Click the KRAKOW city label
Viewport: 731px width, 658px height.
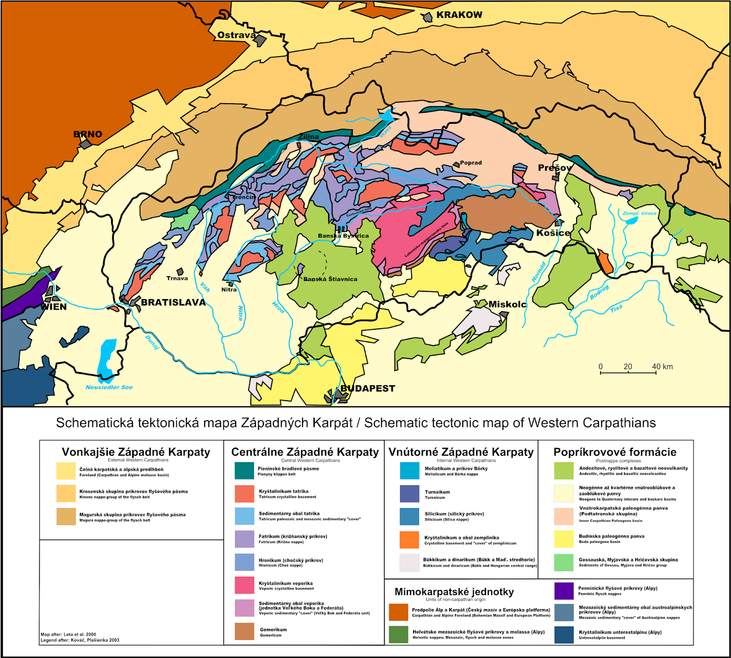459,15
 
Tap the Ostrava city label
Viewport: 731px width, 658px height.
236,35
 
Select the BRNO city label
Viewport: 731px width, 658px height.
88,134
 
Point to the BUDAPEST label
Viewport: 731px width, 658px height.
368,389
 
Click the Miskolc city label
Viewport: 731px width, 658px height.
507,305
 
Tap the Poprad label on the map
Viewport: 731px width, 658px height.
471,163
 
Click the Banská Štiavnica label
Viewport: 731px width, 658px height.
330,279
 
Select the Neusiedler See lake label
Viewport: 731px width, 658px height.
109,387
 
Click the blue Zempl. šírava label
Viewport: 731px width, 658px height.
639,213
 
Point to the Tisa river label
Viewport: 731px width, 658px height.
616,309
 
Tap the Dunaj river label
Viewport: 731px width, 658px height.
152,342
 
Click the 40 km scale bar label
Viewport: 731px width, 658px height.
662,367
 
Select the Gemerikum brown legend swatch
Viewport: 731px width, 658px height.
244,632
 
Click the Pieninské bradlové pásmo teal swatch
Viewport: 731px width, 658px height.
244,471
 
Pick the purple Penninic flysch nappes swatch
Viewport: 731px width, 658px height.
564,591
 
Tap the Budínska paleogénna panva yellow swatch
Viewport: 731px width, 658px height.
564,539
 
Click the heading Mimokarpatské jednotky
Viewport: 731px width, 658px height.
454,592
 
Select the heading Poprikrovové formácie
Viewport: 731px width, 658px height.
615,452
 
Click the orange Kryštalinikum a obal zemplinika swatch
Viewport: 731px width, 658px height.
409,540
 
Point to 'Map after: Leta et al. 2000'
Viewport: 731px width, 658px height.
69,634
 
